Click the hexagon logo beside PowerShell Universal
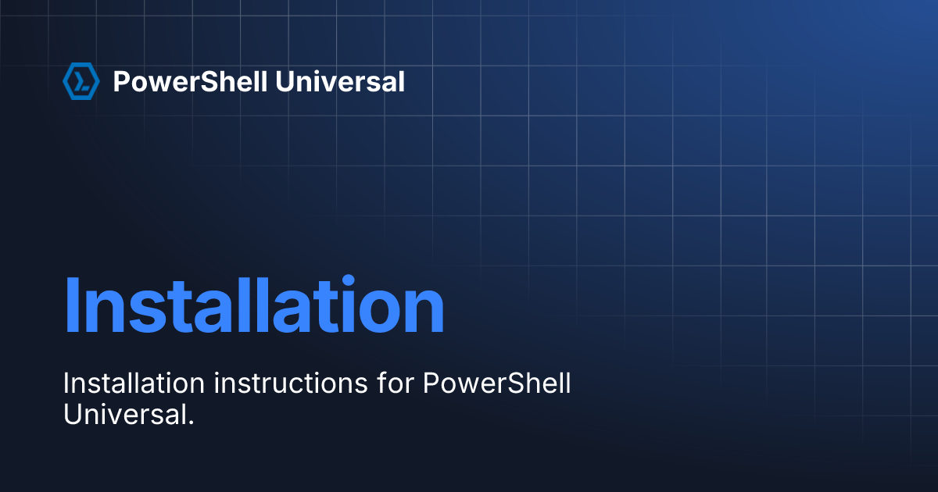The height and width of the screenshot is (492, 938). point(81,81)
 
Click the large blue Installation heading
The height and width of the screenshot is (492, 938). point(254,305)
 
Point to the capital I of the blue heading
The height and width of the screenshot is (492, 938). point(72,305)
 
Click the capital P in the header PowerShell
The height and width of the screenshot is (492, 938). point(121,81)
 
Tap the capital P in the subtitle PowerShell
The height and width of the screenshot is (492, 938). point(431,383)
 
